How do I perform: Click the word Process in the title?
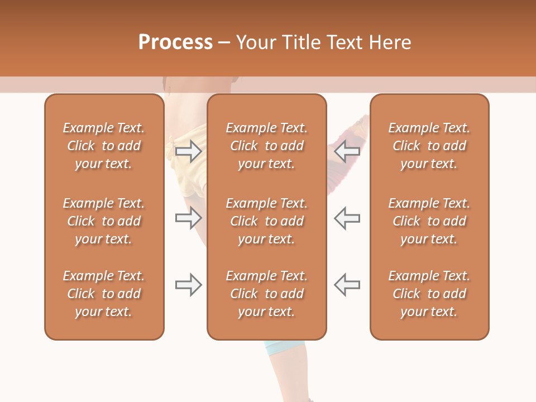[x=175, y=42]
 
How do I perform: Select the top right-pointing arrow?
[x=188, y=151]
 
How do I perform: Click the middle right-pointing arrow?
[x=188, y=218]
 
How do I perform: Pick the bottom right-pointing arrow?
[x=188, y=285]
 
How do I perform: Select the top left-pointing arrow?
[x=347, y=151]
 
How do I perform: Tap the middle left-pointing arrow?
[x=347, y=218]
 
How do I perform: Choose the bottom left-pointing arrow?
[x=347, y=285]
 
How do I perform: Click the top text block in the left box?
[x=104, y=146]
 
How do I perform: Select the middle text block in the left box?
[x=104, y=221]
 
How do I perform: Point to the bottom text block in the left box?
[x=104, y=294]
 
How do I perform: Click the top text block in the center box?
[x=267, y=146]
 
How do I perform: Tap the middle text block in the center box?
[x=267, y=221]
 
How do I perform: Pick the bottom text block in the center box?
[x=267, y=294]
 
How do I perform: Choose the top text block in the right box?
[x=429, y=146]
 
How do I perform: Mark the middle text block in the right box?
[x=429, y=221]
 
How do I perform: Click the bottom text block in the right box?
[x=429, y=294]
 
